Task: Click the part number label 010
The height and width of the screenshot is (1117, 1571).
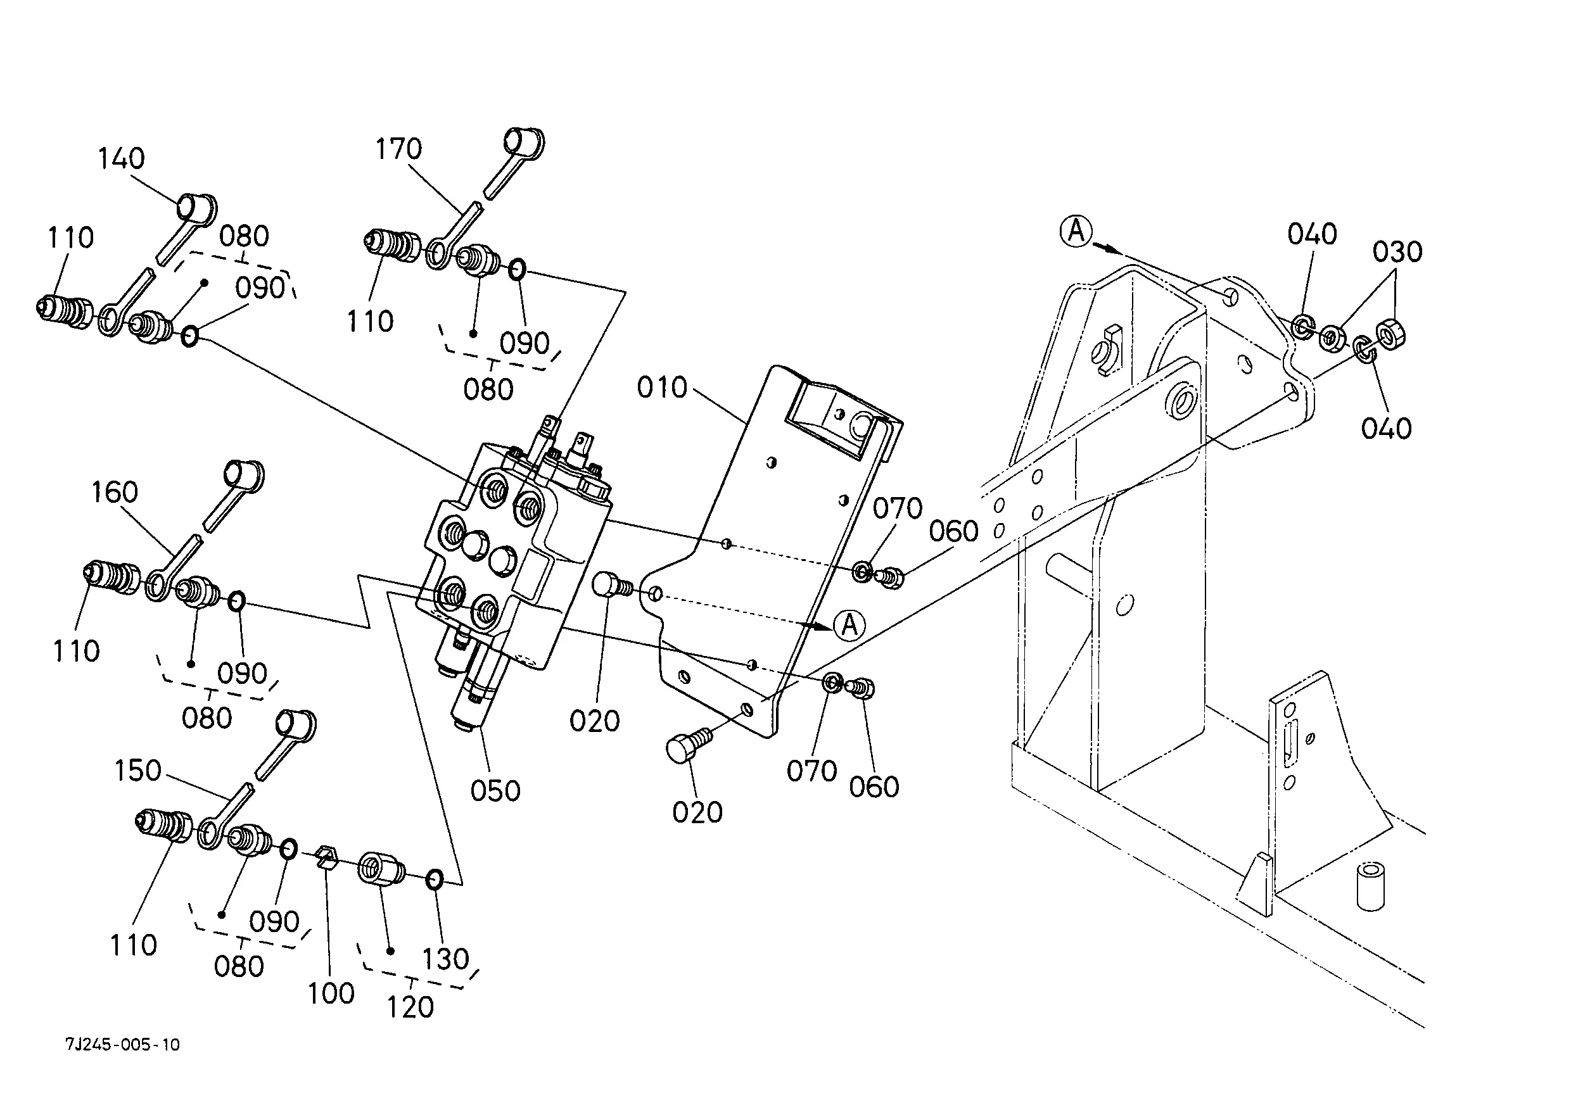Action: click(x=662, y=388)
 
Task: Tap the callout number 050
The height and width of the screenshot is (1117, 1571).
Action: click(x=495, y=791)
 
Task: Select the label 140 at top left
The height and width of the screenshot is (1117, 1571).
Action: click(x=121, y=159)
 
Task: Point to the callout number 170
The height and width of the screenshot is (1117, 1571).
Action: click(x=398, y=149)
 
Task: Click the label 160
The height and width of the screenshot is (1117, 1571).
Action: click(x=115, y=493)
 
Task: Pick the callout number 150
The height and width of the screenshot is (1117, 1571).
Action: click(x=137, y=771)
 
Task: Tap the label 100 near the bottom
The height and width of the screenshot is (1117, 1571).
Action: click(x=331, y=993)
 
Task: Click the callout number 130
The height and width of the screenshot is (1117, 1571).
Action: click(x=445, y=959)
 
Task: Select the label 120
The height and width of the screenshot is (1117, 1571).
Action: click(x=410, y=1007)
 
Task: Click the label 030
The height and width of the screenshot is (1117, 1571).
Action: click(x=1397, y=253)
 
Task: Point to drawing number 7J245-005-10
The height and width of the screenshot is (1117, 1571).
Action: click(x=122, y=1045)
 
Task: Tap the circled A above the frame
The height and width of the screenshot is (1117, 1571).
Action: click(x=1076, y=231)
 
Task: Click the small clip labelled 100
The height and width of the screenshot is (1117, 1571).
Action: click(x=327, y=859)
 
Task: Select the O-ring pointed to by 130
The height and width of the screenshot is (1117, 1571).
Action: click(x=434, y=879)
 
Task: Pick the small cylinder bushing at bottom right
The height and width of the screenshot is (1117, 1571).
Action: click(x=1370, y=886)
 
